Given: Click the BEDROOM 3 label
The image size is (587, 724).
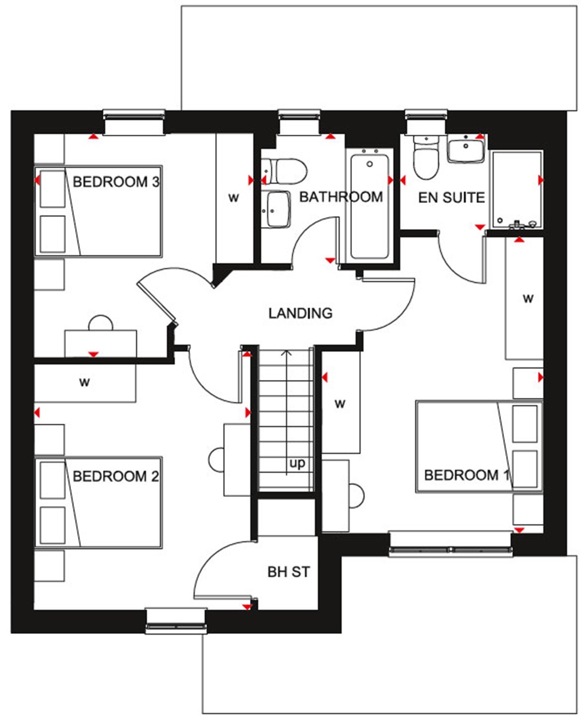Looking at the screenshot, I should tap(116, 182).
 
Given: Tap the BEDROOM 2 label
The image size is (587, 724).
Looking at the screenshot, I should tap(116, 476).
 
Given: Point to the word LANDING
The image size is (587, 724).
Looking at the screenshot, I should tap(300, 313).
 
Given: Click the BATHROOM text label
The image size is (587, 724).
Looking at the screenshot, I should tap(341, 197).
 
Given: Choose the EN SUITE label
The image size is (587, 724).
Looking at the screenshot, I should tap(451, 198).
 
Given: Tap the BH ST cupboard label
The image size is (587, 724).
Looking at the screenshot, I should tap(289, 572).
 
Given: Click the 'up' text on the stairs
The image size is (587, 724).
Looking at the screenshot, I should tap(297, 463).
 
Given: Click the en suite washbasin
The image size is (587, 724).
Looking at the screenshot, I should tap(465, 150).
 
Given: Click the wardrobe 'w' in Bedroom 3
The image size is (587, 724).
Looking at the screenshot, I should tap(233, 198).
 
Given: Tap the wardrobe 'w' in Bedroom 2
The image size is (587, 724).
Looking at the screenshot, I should tap(85, 382).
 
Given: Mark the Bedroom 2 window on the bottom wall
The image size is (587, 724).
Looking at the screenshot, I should tap(175, 620).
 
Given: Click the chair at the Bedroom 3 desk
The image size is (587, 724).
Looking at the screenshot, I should tap(101, 323).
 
